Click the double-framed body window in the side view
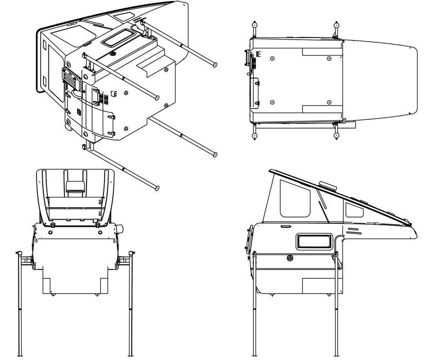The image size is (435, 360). pyautogui.click(x=314, y=241)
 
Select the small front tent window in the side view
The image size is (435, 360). pyautogui.click(x=354, y=210)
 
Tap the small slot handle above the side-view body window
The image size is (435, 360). pyautogui.click(x=285, y=226)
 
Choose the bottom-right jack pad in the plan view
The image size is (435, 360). pyautogui.click(x=336, y=136)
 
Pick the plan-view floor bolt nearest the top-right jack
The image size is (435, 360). pyautogui.click(x=328, y=58)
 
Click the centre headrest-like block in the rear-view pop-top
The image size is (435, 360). pyautogui.click(x=75, y=187)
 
